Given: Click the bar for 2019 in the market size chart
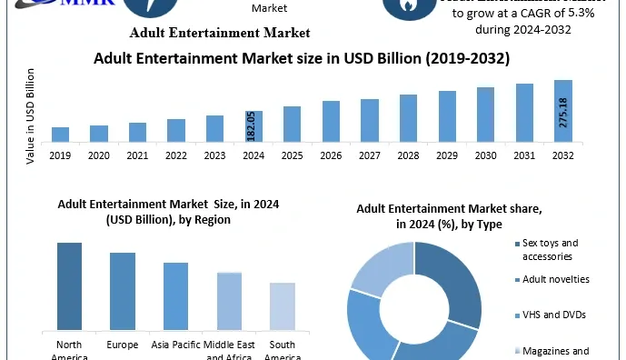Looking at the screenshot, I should pyautogui.click(x=60, y=135).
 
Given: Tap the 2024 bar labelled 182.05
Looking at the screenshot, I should pyautogui.click(x=253, y=126).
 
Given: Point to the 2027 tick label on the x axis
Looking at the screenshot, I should pyautogui.click(x=369, y=155).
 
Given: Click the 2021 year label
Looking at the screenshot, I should pyautogui.click(x=137, y=155).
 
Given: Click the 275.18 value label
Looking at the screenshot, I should pyautogui.click(x=563, y=114).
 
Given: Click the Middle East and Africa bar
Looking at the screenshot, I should pyautogui.click(x=229, y=301).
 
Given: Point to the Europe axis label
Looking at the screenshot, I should pyautogui.click(x=123, y=346).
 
